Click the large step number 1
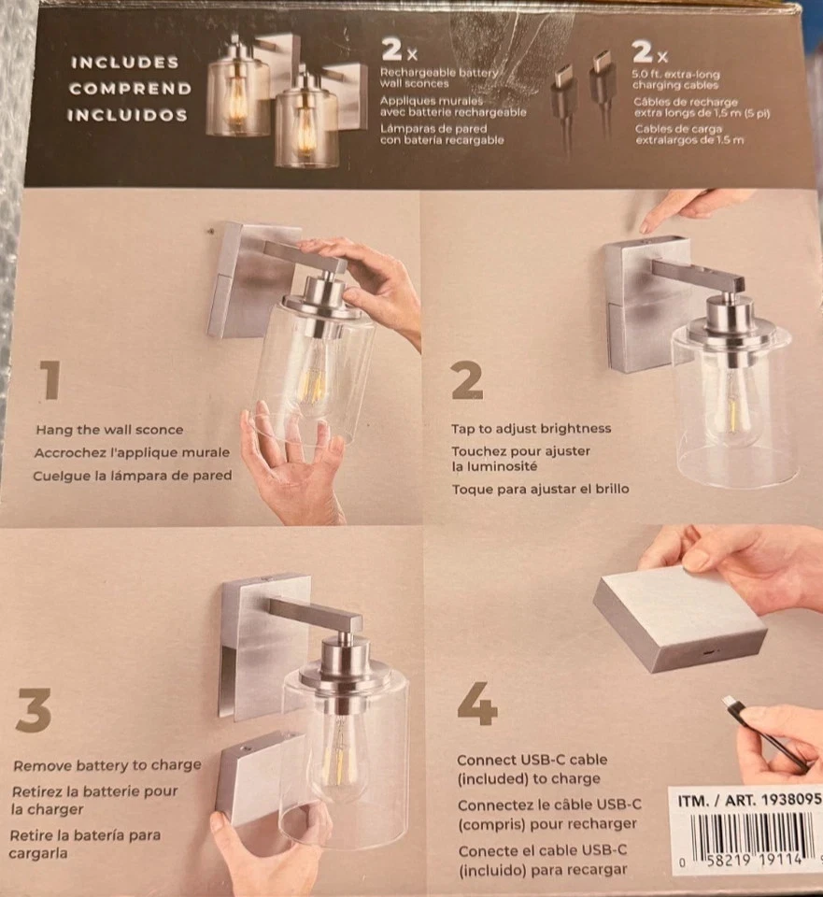pyautogui.click(x=50, y=381)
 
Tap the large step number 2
pyautogui.click(x=467, y=381)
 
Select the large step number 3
pyautogui.click(x=34, y=714)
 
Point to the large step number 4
pyautogui.click(x=477, y=704)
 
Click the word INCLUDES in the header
pyautogui.click(x=125, y=63)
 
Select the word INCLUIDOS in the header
pyautogui.click(x=126, y=116)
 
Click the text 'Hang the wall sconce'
pyautogui.click(x=109, y=430)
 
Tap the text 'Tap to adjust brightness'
pyautogui.click(x=531, y=429)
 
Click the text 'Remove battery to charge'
pyautogui.click(x=106, y=765)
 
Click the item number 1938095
pyautogui.click(x=787, y=801)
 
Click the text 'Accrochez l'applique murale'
pyautogui.click(x=131, y=452)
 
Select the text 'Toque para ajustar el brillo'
pyautogui.click(x=541, y=489)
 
